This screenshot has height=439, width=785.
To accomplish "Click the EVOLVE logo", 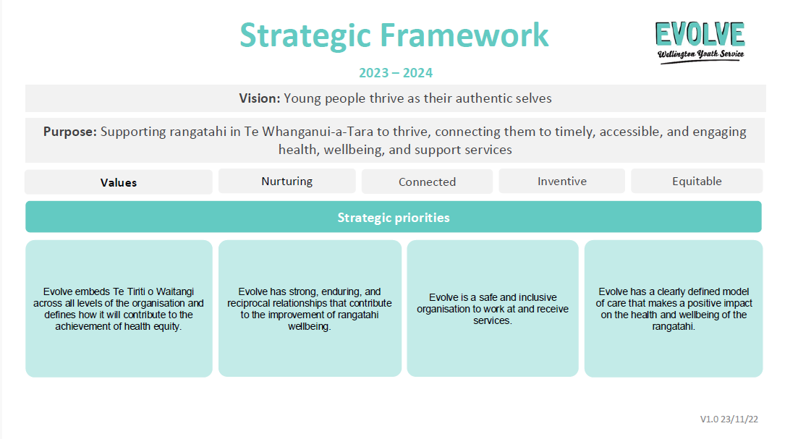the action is coord(700,42).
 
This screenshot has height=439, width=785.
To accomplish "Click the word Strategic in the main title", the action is coord(305,36).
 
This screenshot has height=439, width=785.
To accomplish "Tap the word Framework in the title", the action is coord(464,35).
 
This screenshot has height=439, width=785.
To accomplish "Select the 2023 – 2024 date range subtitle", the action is coord(396,73).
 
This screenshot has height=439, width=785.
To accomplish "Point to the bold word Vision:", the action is coord(259,98).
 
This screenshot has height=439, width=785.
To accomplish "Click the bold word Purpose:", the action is coord(69,132).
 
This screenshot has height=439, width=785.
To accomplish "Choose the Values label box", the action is coord(119,182).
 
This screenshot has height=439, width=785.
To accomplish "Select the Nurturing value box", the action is coord(287,182).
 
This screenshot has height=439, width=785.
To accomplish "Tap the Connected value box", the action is coord(427,182).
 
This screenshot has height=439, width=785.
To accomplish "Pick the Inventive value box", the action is coord(561,182).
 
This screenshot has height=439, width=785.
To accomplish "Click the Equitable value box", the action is coord(697,182).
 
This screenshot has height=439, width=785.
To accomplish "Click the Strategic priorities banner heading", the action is coord(394,217).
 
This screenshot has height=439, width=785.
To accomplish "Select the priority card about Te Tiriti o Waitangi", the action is coord(119,308).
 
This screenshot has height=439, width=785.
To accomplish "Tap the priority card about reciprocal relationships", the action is coord(310,308).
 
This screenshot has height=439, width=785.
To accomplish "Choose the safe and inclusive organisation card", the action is coord(493,308).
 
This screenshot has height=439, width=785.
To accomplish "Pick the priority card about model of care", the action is coord(674,308).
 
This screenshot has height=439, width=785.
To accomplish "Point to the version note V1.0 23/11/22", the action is coord(729,419).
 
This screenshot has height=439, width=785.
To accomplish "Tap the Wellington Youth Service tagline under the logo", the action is coord(700,54).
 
